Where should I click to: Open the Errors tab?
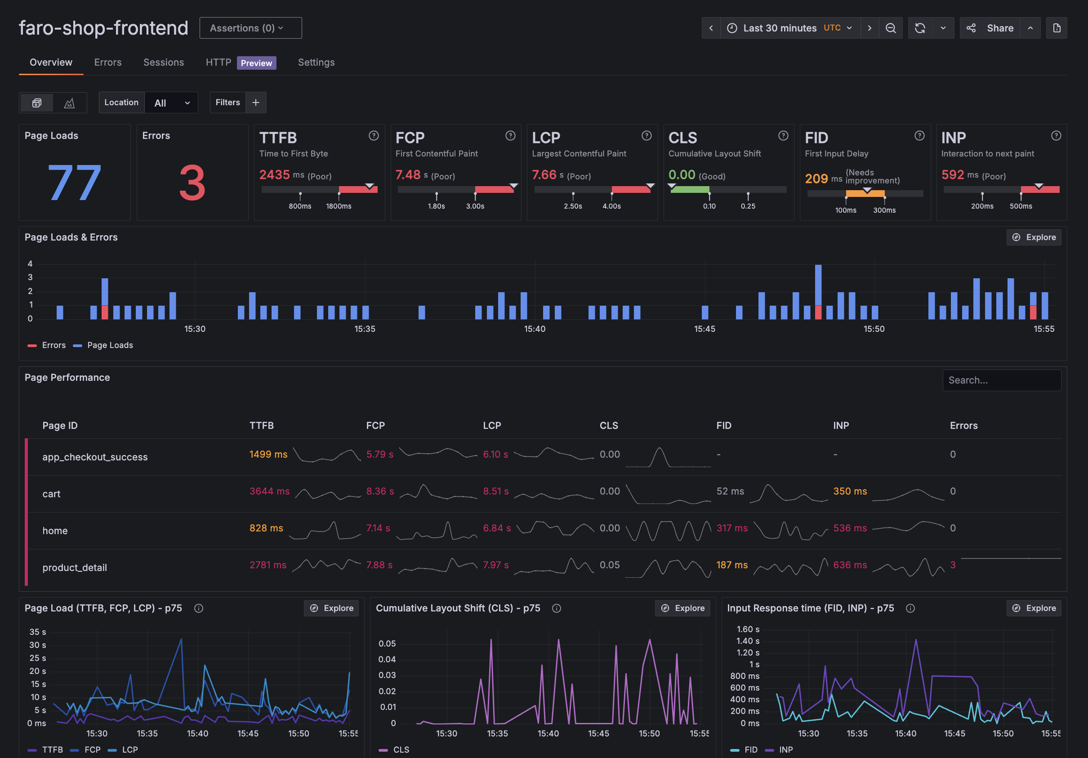pos(107,62)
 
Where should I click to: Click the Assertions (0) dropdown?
pos(250,28)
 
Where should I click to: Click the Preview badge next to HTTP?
pos(256,63)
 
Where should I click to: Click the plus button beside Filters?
pos(256,103)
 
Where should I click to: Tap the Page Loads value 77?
pos(74,183)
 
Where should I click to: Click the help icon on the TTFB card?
pos(374,136)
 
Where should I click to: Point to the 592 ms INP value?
pos(953,175)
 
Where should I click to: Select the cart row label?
pos(51,494)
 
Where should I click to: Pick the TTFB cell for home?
pos(266,528)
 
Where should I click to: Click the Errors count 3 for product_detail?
pos(953,565)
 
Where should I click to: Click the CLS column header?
pos(608,425)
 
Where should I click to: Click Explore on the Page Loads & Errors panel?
pos(1034,237)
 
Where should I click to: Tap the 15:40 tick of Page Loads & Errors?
pos(535,329)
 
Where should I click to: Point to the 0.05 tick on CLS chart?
pos(387,643)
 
